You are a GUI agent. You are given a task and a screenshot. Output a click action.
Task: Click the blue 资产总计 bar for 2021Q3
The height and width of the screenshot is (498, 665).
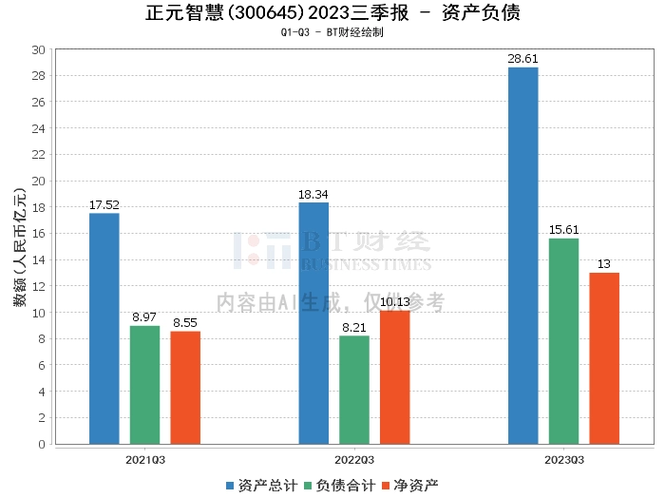(104, 328)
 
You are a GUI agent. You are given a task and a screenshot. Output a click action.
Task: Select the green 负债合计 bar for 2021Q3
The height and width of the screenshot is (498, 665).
(144, 384)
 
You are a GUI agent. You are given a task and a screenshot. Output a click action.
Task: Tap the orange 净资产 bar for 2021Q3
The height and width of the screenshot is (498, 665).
(185, 387)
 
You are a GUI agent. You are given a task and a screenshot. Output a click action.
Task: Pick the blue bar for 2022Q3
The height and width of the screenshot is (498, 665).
(313, 323)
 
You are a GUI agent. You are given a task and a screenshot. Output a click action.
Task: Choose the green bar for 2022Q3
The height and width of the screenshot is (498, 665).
(354, 390)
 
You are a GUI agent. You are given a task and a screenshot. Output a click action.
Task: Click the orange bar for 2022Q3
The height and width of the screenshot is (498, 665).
(395, 376)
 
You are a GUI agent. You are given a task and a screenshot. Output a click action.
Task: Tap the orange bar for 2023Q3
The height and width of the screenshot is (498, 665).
(604, 357)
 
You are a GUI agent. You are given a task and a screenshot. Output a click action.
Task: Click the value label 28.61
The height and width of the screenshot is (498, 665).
(522, 59)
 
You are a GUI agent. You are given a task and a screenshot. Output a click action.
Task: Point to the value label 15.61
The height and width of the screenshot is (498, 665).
(563, 230)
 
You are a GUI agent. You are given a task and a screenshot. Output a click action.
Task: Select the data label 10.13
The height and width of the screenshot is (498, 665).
(395, 302)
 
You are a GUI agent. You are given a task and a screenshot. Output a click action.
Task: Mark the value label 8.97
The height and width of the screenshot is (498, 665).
(144, 317)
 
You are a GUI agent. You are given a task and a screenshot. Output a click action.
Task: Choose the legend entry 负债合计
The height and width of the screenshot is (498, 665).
(339, 485)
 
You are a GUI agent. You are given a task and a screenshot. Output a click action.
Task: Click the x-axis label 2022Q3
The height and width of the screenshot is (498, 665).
(354, 459)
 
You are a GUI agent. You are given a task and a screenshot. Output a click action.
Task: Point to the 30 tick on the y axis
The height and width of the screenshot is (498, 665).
(38, 49)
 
